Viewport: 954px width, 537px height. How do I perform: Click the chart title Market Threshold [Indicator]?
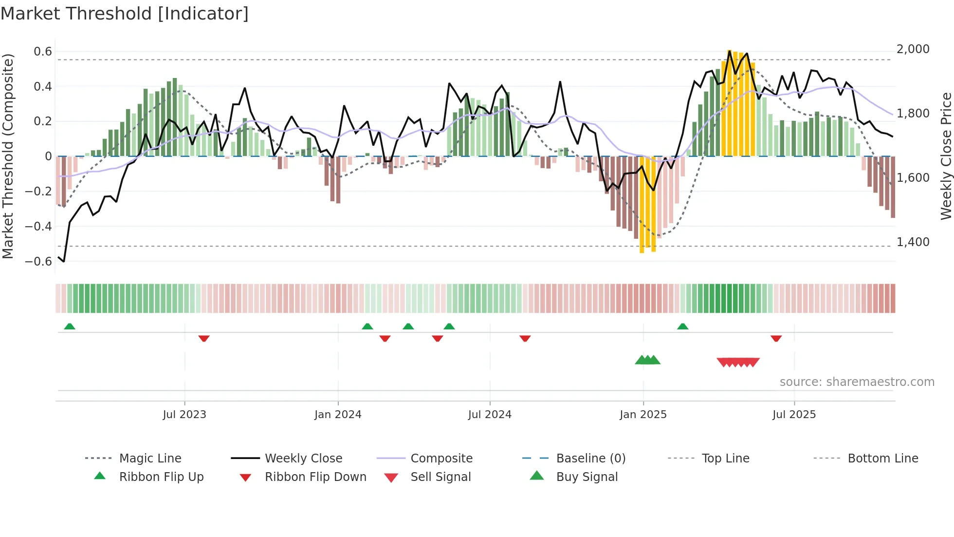125,14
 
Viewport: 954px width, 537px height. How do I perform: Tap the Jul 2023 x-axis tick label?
184,415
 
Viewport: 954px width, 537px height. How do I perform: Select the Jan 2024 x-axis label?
338,415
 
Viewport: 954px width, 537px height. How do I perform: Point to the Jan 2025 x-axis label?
643,415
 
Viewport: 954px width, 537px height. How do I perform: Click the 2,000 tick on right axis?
913,49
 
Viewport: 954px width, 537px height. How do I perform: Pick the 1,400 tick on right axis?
913,242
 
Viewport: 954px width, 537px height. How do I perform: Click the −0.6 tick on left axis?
38,262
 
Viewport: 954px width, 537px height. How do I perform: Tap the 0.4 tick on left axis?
42,87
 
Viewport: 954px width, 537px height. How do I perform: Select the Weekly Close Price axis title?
946,156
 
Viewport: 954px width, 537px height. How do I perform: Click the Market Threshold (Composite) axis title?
8,156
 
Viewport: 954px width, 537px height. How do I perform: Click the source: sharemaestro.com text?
857,382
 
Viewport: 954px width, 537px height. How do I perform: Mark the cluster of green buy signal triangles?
647,360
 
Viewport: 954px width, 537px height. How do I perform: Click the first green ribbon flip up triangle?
70,326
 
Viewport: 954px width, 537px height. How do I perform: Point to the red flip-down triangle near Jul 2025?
776,338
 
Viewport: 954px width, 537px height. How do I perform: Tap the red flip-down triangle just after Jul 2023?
204,338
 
